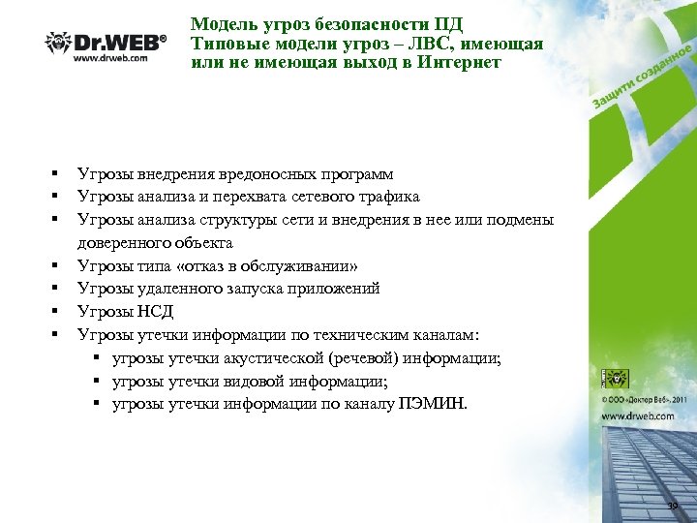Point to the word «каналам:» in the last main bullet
pos(445,335)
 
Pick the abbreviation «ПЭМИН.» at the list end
pos(432,404)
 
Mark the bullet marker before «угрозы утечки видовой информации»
pos(99,381)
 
